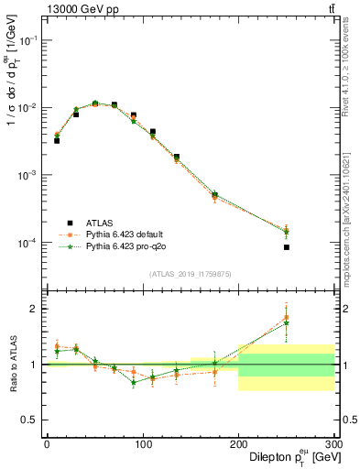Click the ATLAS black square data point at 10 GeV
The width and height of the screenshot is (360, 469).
click(x=57, y=141)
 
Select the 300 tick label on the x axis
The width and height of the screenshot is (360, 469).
click(x=333, y=444)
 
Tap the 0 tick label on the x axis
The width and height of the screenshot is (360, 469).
click(x=47, y=444)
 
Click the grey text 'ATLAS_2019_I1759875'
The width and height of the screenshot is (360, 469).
click(x=191, y=274)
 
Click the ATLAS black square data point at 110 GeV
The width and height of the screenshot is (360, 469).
click(x=153, y=132)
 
